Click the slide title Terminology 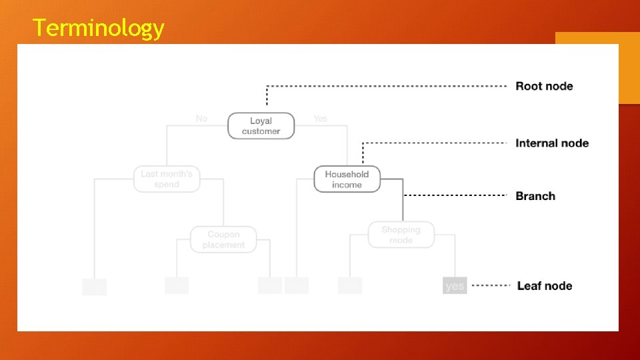tap(98, 28)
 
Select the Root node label tap(544, 86)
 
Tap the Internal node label tap(552, 143)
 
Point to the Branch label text tap(535, 196)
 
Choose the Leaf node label tap(544, 286)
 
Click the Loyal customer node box tap(261, 126)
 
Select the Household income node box tap(347, 179)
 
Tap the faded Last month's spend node tap(167, 179)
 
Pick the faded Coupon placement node tap(223, 239)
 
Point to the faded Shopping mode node tap(401, 235)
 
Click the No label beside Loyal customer tap(201, 119)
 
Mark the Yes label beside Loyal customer tap(320, 119)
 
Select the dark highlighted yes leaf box tap(454, 286)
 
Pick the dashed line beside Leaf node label tap(491, 286)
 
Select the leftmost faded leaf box tap(94, 287)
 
